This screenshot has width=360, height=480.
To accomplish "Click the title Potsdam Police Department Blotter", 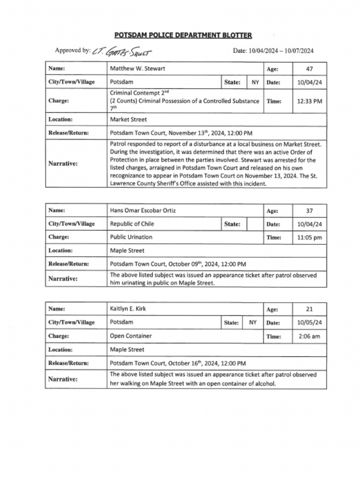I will click(x=183, y=35).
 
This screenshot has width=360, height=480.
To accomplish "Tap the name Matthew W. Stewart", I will click(x=137, y=68).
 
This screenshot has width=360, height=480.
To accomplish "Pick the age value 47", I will click(x=309, y=69).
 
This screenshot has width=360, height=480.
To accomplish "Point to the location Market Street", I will click(x=128, y=120).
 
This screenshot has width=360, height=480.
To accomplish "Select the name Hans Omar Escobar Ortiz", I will click(x=143, y=210).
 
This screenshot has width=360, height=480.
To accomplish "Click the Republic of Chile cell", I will click(x=132, y=224).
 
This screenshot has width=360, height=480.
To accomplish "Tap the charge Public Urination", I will click(x=131, y=237).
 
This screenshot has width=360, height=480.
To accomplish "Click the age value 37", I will click(x=309, y=211).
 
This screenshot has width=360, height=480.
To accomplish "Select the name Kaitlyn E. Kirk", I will click(x=127, y=309).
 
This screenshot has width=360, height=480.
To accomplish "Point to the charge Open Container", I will click(x=131, y=336).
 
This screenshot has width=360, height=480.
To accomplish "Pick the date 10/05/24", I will click(x=310, y=322).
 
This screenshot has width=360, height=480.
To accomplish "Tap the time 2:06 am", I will click(x=310, y=336).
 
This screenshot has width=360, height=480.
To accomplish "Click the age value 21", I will click(x=309, y=309).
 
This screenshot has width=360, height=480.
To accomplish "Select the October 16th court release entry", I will click(x=178, y=363).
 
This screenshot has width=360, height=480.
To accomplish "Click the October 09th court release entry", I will click(x=178, y=264).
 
